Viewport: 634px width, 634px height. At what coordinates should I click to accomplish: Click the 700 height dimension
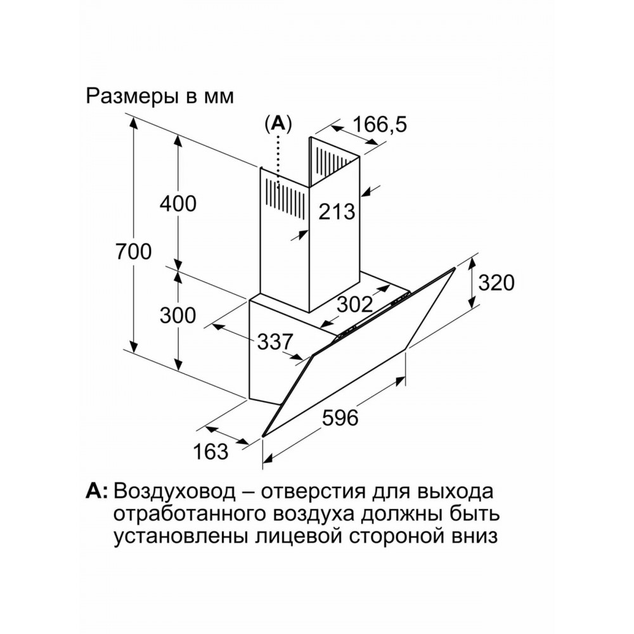133,252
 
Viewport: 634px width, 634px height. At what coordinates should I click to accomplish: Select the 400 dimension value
178,204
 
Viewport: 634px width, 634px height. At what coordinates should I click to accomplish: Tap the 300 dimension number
178,315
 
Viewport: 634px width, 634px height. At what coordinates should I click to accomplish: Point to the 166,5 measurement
380,124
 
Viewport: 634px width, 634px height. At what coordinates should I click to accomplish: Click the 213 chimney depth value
337,212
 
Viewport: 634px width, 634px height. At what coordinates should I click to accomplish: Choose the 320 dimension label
496,282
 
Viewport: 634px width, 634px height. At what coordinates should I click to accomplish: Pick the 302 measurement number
355,304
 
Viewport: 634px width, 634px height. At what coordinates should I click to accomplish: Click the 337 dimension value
275,342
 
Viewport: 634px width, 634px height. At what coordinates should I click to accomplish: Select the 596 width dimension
340,417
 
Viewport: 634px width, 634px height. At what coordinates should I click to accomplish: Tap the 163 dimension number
210,451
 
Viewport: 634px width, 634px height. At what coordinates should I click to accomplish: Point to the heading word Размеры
133,98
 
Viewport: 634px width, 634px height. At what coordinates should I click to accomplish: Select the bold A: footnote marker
96,491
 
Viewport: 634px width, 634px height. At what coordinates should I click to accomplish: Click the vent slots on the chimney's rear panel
331,160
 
